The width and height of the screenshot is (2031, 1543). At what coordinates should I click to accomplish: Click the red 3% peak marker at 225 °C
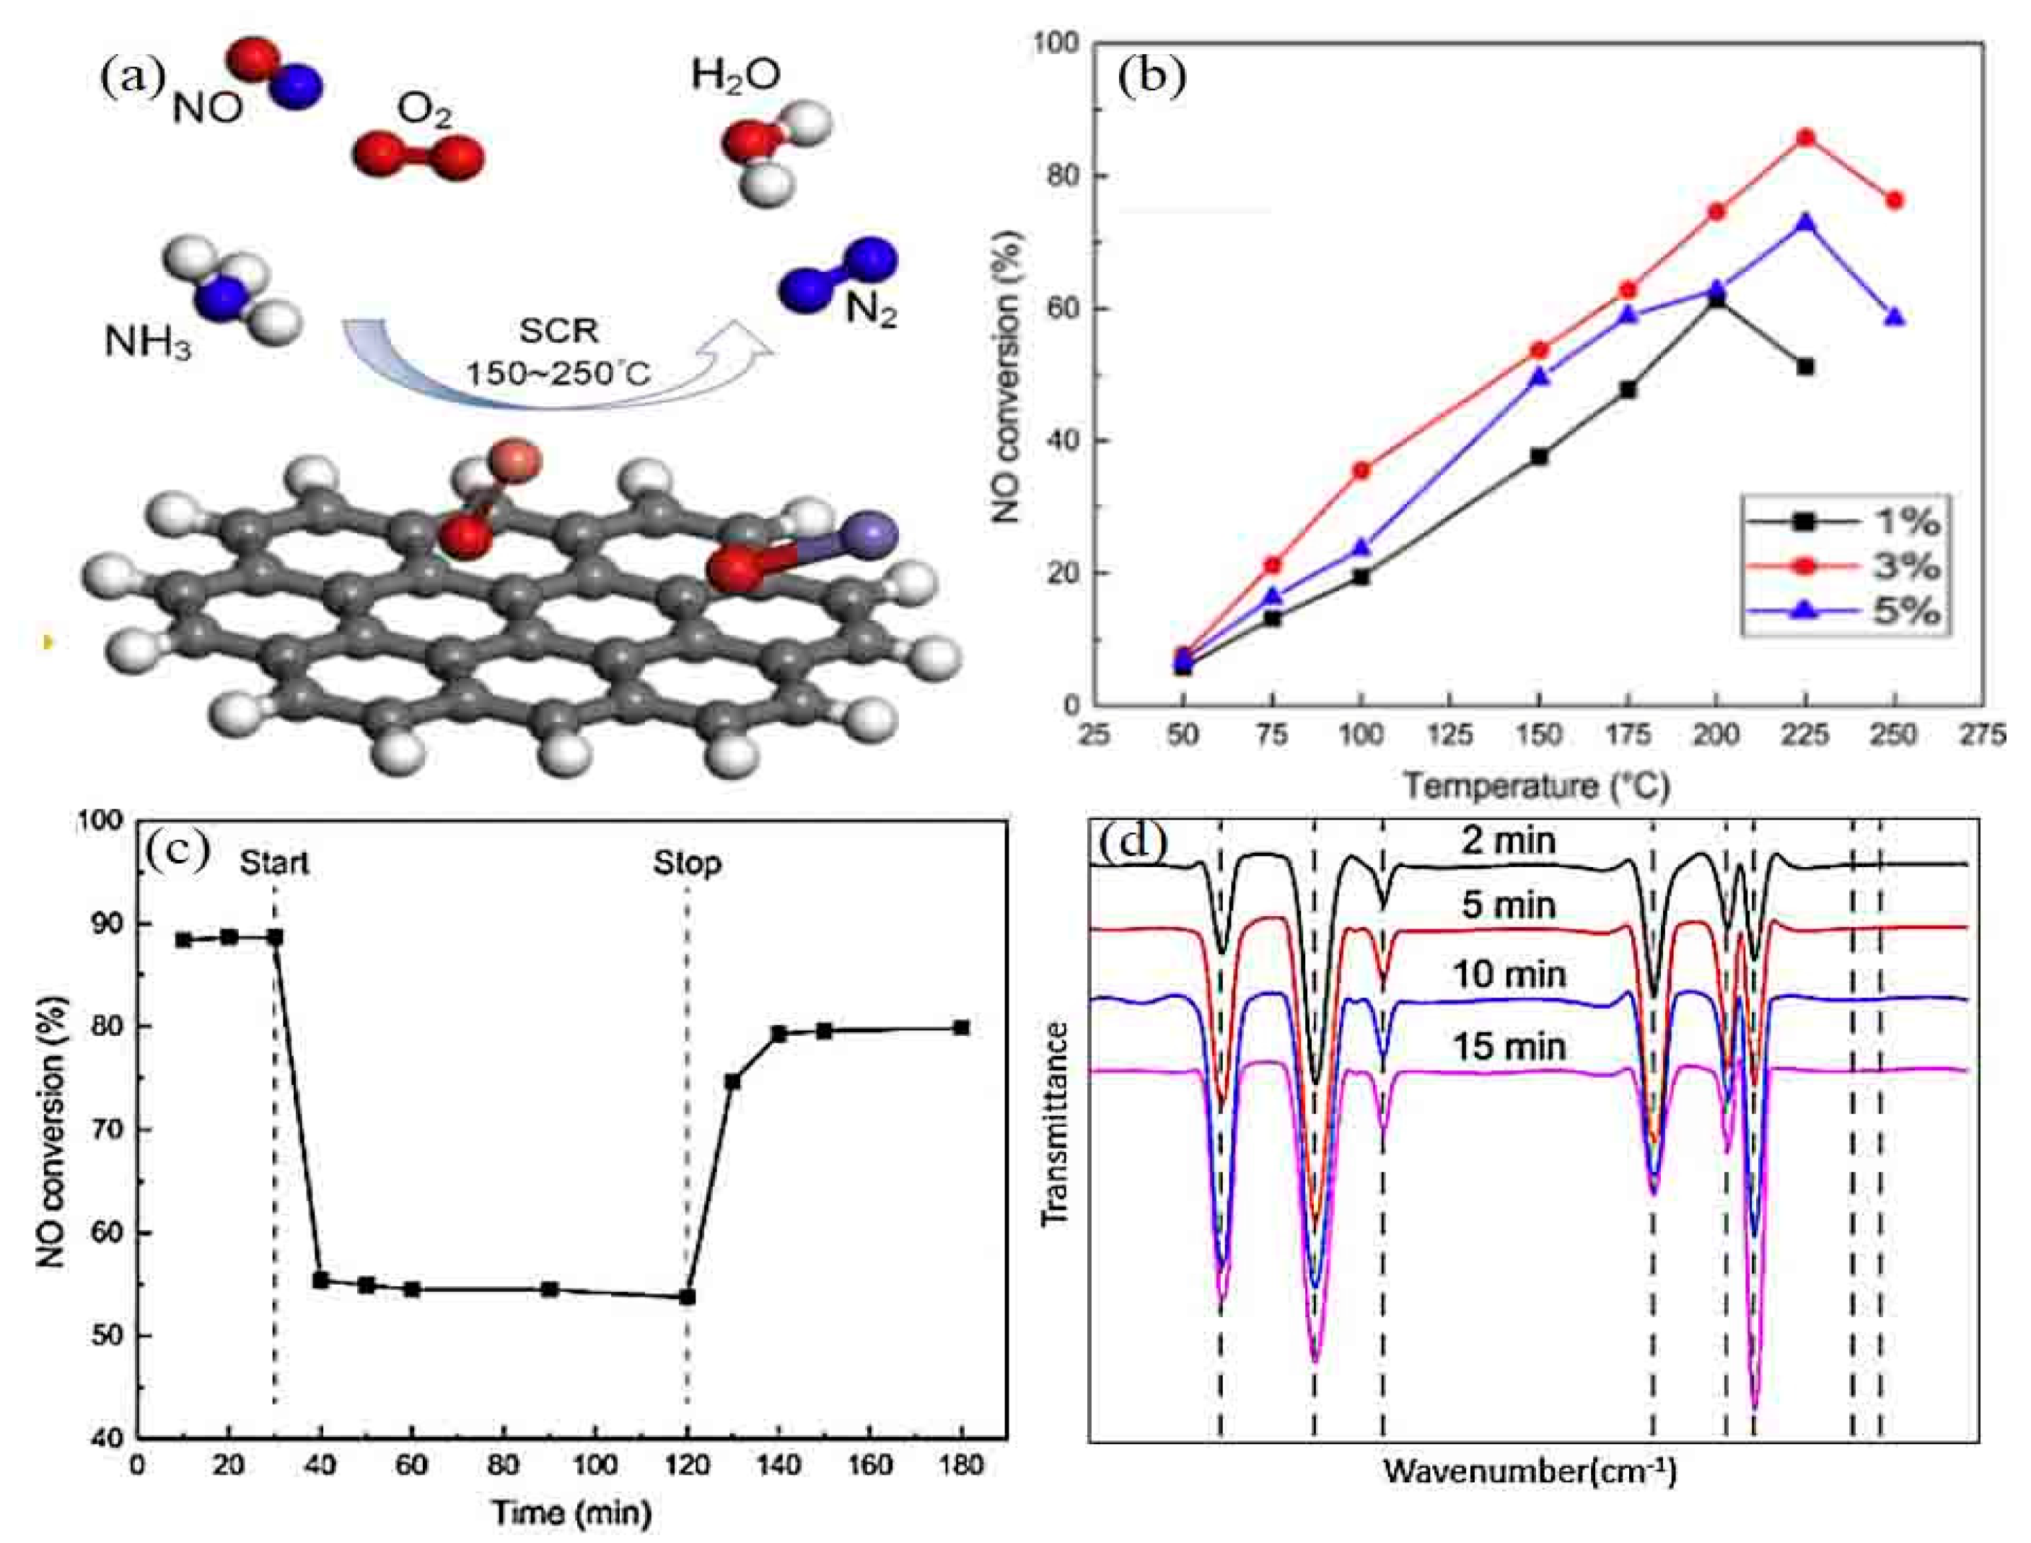(1805, 138)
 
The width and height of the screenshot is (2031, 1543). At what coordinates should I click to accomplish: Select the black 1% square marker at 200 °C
(1716, 300)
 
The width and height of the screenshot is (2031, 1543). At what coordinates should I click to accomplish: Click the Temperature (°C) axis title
(1536, 786)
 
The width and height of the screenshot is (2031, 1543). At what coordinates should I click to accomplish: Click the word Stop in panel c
(687, 863)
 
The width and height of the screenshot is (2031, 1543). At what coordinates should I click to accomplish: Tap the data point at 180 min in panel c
(962, 1028)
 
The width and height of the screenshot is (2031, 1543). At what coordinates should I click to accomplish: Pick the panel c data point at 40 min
(320, 1280)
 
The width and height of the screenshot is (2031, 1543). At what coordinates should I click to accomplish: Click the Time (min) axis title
(571, 1511)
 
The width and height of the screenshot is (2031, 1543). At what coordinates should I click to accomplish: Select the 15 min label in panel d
(1509, 1046)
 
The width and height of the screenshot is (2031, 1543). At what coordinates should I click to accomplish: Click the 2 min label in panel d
(1509, 840)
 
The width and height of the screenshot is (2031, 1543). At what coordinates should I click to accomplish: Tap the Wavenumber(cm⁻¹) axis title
(1530, 1472)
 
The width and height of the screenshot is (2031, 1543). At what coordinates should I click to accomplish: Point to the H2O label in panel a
(736, 75)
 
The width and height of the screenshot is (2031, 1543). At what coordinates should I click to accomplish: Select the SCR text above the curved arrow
(558, 330)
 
